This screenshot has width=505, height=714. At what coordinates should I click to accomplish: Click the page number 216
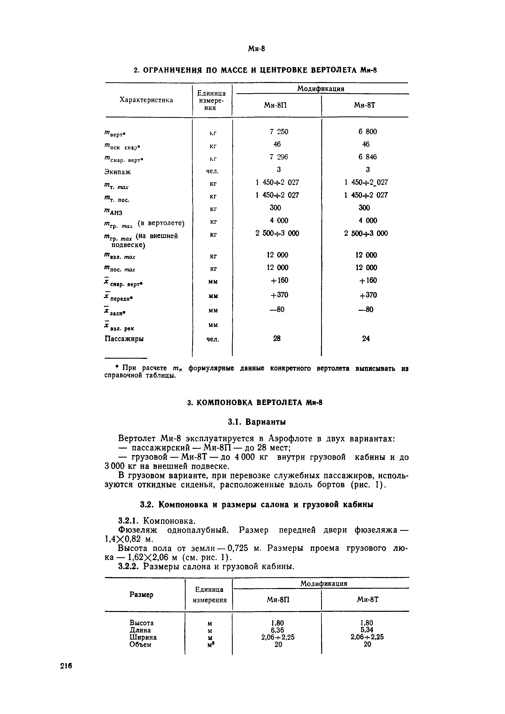[x=66, y=666]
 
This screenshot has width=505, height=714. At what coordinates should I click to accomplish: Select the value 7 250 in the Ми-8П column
[x=279, y=131]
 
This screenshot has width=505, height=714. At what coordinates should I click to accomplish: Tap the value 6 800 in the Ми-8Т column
[x=367, y=131]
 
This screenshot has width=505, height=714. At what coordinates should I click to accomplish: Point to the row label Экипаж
[x=118, y=172]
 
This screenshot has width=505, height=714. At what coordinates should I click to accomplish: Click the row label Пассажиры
[x=124, y=338]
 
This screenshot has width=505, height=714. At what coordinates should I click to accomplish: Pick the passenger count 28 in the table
[x=277, y=338]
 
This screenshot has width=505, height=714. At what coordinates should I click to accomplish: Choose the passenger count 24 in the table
[x=366, y=338]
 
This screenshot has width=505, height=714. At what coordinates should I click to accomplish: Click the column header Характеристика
[x=146, y=100]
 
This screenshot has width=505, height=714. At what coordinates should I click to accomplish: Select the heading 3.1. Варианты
[x=257, y=422]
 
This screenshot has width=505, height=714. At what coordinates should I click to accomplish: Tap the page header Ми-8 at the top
[x=256, y=49]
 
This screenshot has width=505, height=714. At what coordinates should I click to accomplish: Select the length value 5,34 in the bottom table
[x=367, y=630]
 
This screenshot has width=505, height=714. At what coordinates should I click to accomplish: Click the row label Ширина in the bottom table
[x=143, y=637]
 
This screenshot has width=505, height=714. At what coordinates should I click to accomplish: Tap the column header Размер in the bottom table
[x=141, y=595]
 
